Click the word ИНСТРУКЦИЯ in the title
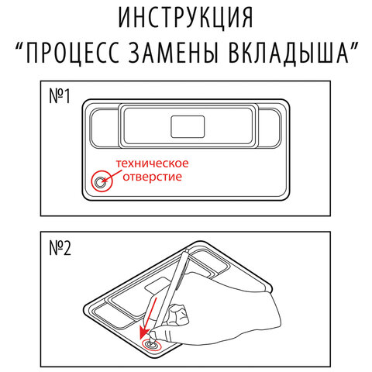click(186, 19)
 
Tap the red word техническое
click(152, 164)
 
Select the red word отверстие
click(146, 177)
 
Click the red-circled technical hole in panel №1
click(101, 182)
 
